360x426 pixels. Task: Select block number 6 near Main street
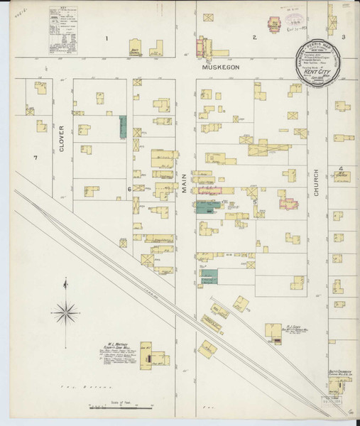pos(129,189)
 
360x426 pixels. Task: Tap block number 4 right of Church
pos(342,168)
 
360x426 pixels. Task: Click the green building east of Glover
pos(122,127)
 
